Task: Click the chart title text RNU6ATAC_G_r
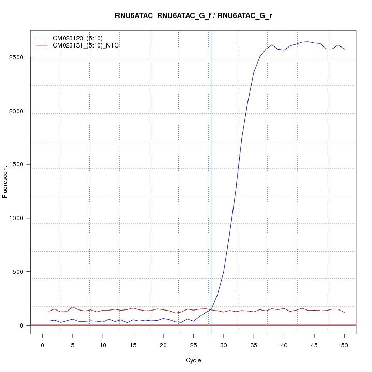coord(245,16)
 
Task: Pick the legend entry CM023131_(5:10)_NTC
coord(89,45)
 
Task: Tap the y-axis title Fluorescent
coord(6,182)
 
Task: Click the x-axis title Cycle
coord(193,360)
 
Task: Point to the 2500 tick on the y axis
coord(18,57)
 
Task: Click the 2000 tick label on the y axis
coord(18,111)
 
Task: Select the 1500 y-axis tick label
coord(18,165)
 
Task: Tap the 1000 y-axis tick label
coord(18,218)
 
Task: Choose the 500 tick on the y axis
coord(19,272)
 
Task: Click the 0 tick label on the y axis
coord(22,326)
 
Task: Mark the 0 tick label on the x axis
coord(43,345)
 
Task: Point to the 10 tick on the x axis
coord(103,345)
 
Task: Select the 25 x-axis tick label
coord(193,345)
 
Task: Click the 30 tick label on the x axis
coord(223,345)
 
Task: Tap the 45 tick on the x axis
coord(314,345)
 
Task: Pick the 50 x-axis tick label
coord(344,345)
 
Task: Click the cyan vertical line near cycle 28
coord(211,181)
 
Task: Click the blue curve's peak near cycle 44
coord(308,41)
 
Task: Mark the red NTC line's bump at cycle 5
coord(73,307)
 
